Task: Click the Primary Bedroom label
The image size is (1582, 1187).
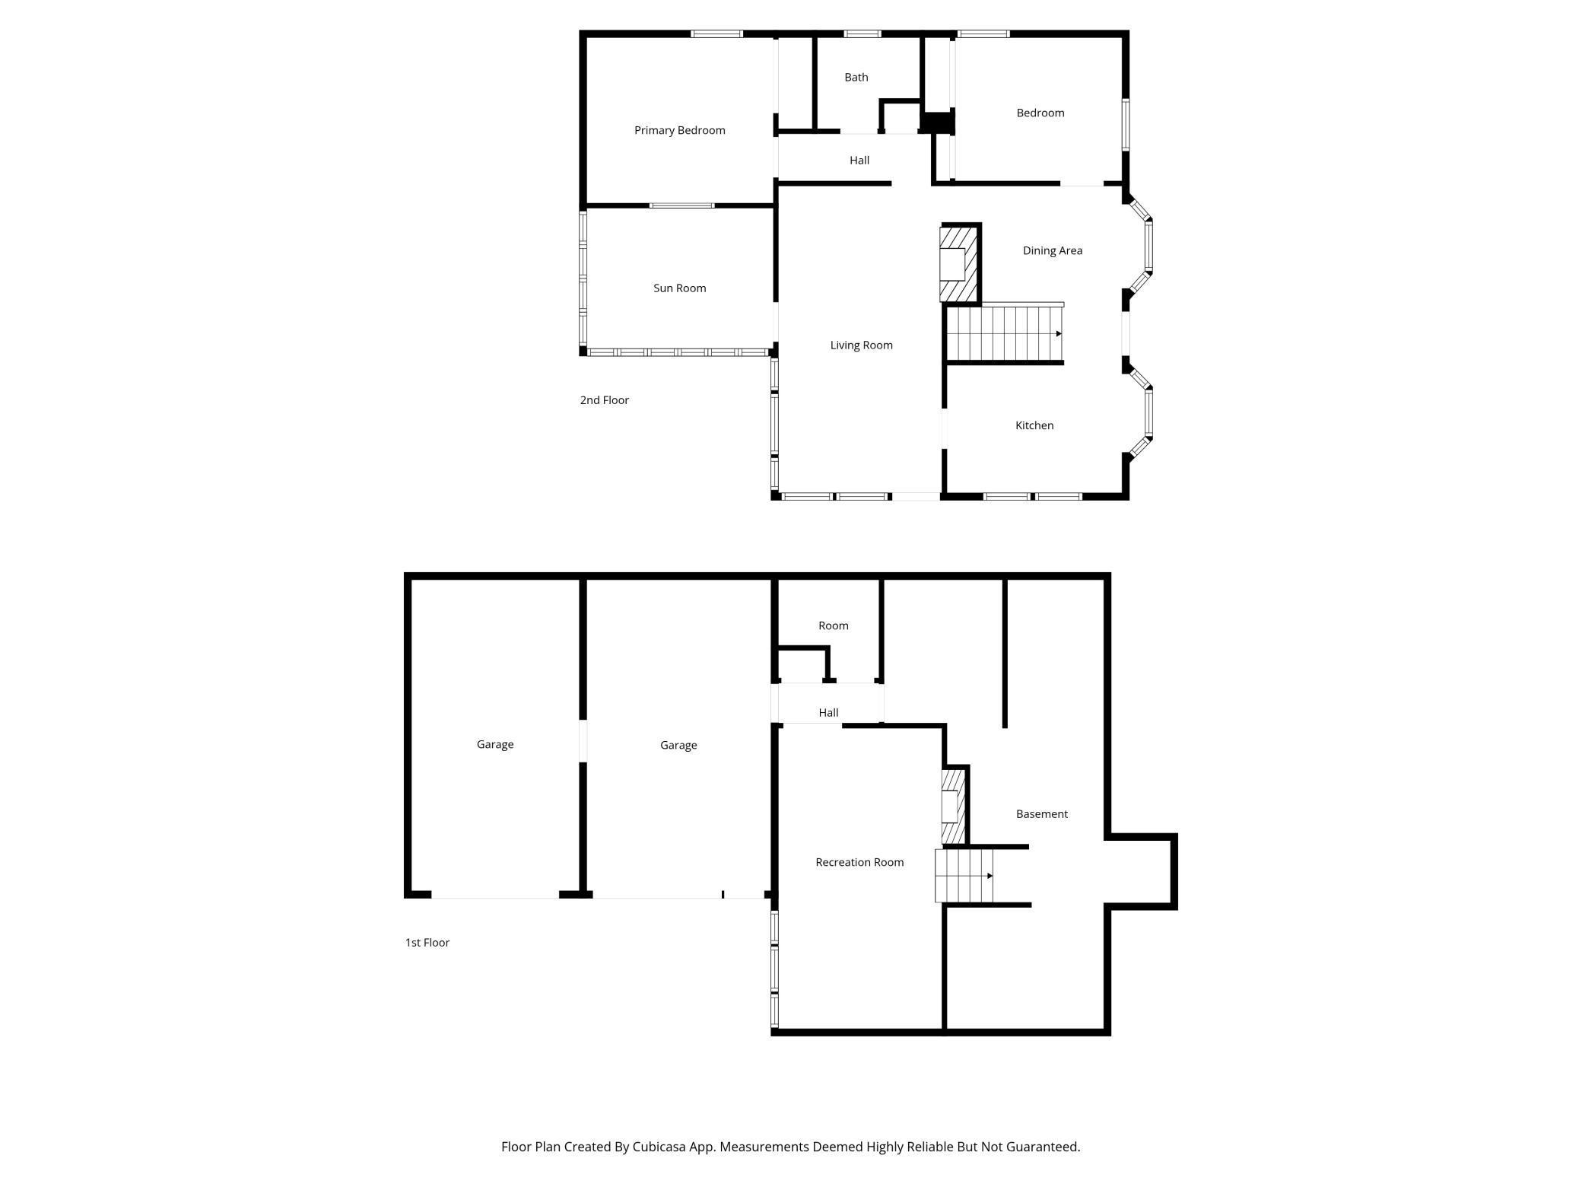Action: [679, 130]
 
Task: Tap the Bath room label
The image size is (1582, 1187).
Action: [856, 77]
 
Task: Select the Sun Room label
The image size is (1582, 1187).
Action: [679, 288]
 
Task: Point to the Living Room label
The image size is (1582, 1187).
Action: [861, 345]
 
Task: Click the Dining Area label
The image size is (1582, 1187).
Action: [1052, 250]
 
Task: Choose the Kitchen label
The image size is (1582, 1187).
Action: [1034, 425]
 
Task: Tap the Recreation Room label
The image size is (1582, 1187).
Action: [859, 862]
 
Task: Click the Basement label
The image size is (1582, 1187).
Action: [1041, 813]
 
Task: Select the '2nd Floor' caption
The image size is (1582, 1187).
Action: [604, 400]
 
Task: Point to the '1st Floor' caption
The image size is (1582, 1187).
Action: [427, 942]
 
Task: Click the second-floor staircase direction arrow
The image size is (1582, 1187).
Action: [1058, 333]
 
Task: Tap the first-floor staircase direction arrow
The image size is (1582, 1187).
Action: [990, 876]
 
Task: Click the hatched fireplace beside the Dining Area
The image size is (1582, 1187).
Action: [958, 263]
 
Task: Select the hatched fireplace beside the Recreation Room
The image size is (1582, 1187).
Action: [953, 807]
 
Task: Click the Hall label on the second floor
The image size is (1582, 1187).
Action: [859, 160]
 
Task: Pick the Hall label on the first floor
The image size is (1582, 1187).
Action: [828, 712]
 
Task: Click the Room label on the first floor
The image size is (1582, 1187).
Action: [833, 625]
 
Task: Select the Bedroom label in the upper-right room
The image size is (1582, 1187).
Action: [1040, 113]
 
